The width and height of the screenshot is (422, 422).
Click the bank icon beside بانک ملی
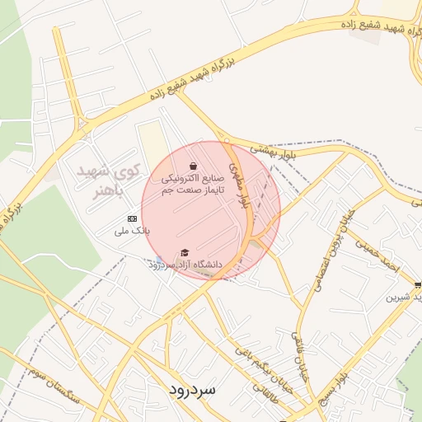[132, 218]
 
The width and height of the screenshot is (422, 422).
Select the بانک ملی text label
[133, 232]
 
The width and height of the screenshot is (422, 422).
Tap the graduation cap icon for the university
[185, 252]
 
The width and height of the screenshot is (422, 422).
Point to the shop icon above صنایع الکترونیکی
[193, 165]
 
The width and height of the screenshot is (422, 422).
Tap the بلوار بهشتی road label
[271, 149]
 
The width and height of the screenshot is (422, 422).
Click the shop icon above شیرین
[418, 284]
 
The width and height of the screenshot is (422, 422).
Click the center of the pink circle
[211, 210]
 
